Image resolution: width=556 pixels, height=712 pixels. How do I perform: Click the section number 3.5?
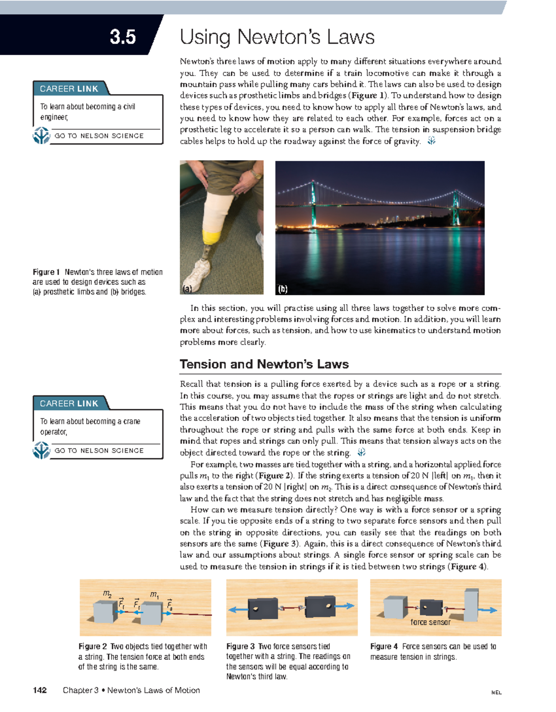pos(123,37)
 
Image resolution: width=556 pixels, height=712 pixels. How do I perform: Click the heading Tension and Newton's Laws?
pos(264,364)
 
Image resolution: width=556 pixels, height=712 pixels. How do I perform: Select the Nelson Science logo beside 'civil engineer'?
pos(41,136)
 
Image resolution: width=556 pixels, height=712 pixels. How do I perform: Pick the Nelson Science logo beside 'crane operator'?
pos(41,451)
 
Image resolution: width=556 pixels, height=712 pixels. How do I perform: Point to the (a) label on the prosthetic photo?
pos(187,289)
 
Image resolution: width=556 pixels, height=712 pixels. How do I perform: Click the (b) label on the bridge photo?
pos(283,289)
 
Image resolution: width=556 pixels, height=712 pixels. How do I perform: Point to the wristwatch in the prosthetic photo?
pos(256,175)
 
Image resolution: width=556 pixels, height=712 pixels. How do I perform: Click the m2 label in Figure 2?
pos(107,594)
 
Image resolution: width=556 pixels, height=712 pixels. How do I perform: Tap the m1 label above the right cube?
pos(154,594)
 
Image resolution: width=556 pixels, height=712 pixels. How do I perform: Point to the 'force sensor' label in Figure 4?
pos(430,623)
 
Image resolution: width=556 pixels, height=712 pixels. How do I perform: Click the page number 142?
pos(40,690)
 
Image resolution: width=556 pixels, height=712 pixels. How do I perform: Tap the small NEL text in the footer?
pos(496,693)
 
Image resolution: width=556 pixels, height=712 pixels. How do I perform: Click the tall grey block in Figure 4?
pos(471,605)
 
